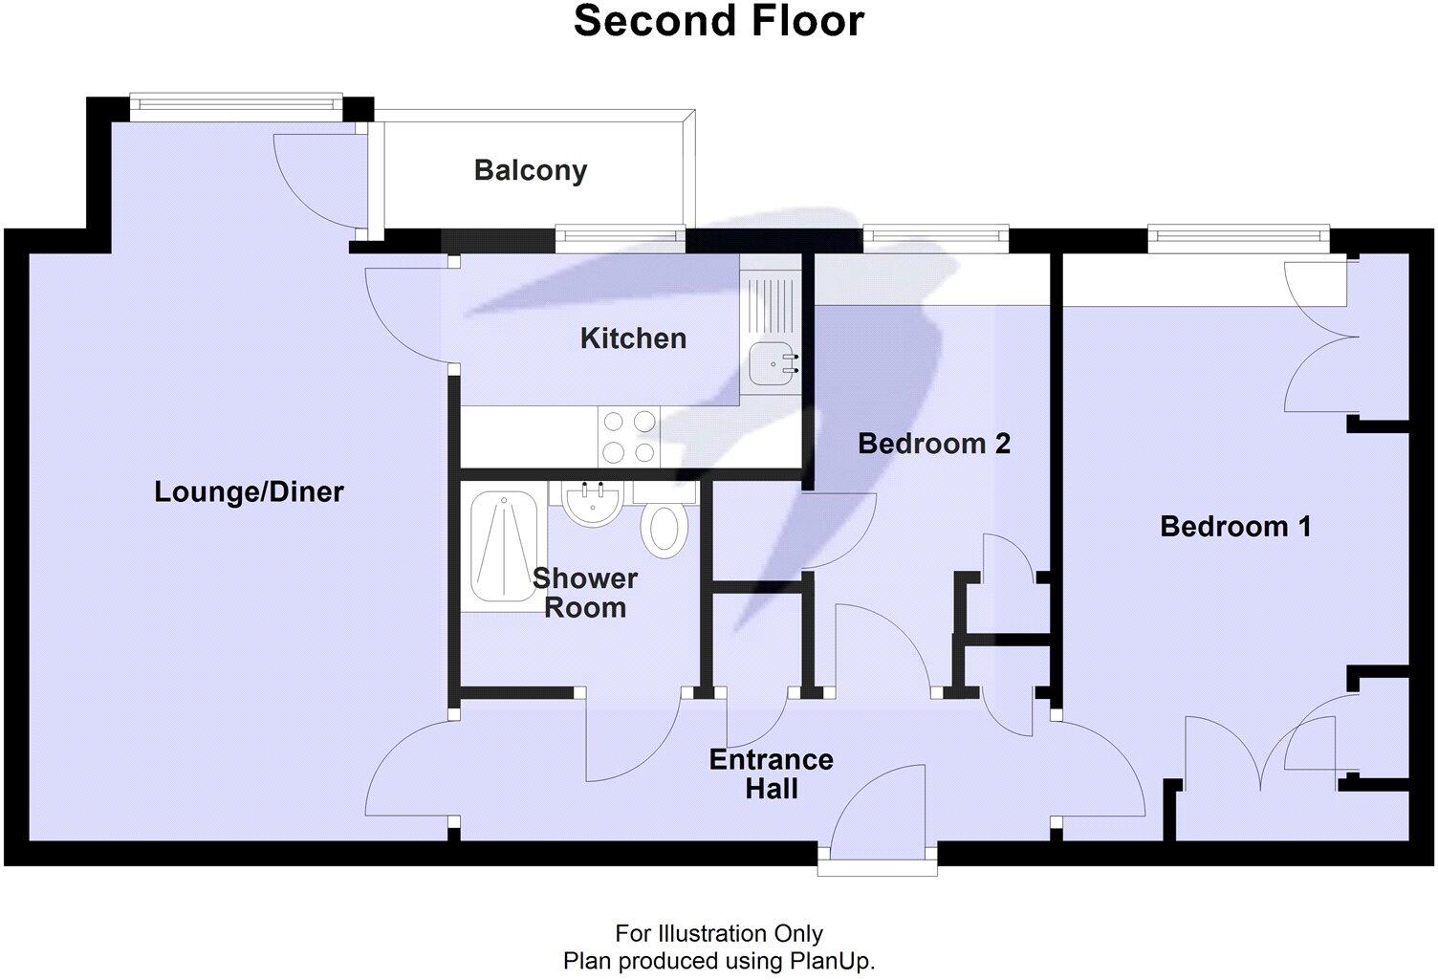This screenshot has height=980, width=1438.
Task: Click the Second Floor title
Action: pyautogui.click(x=718, y=21)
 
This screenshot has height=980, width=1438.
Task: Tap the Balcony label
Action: pyautogui.click(x=531, y=170)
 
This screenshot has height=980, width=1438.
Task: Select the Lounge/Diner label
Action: pyautogui.click(x=249, y=491)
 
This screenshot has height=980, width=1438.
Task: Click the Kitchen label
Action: pyautogui.click(x=633, y=338)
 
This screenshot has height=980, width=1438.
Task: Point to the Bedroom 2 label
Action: pyautogui.click(x=933, y=443)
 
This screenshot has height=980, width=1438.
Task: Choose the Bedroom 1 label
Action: pyautogui.click(x=1235, y=526)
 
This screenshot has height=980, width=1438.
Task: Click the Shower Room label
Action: pyautogui.click(x=584, y=593)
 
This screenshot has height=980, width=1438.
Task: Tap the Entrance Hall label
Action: pyautogui.click(x=771, y=773)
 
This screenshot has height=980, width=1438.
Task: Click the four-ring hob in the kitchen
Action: pyautogui.click(x=628, y=436)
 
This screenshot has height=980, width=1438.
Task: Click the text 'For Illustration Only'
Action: pyautogui.click(x=718, y=933)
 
